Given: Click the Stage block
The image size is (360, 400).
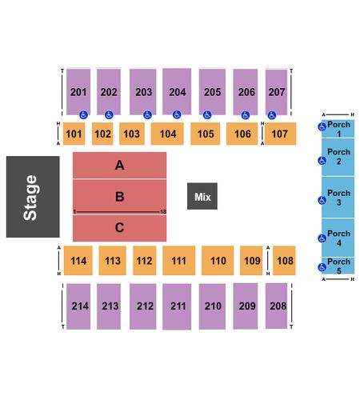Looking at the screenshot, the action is click(33, 197).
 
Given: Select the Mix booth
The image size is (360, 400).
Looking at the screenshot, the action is click(202, 196).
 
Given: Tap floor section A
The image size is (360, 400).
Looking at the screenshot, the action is click(119, 165).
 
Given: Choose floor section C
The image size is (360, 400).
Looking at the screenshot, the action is click(119, 228).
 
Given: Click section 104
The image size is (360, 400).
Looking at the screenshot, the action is click(167, 134).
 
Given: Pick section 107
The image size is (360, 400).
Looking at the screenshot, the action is click(280, 134).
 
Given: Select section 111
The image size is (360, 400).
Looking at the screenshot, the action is click(178, 261).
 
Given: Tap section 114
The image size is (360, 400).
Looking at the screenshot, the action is click(78, 261).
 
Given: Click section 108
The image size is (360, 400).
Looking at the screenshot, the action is click(284, 261).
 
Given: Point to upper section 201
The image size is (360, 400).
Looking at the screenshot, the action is click(78, 92).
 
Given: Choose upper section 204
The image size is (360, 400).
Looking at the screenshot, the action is click(177, 91).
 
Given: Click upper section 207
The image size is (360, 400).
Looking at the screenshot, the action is click(276, 92).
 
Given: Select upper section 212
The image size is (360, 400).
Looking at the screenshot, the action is click(143, 306).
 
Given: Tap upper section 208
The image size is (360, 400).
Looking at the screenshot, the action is click(276, 306).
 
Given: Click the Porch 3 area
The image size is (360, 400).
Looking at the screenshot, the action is click(338, 198).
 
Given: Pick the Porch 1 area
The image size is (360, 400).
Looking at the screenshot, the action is click(338, 129).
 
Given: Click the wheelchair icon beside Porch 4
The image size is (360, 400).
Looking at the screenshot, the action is click(322, 238).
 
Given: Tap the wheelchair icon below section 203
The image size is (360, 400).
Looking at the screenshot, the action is click(147, 115).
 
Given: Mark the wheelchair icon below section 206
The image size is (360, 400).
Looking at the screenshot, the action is click(246, 115).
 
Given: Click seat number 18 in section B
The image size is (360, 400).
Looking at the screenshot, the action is click(163, 212).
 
